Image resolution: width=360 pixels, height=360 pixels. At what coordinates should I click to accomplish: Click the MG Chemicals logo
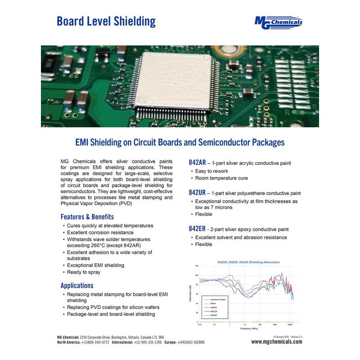(278, 22)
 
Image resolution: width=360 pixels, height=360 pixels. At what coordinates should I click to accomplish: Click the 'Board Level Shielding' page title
(106, 21)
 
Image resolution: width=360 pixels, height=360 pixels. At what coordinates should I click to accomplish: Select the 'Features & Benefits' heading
(87, 216)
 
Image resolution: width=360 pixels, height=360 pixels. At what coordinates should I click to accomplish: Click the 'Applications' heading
(77, 285)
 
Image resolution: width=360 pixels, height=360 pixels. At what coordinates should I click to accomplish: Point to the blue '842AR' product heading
(197, 162)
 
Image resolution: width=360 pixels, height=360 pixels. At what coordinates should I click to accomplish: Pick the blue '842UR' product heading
(197, 193)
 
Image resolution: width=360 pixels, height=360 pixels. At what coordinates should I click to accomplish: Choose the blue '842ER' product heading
(197, 229)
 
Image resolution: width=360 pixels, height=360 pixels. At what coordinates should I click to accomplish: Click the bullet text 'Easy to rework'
(211, 171)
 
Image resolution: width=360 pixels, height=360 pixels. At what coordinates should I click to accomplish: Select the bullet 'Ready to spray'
(84, 272)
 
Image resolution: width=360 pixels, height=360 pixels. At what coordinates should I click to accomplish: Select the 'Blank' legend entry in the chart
(213, 303)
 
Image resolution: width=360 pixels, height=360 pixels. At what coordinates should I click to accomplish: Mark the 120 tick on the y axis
(197, 266)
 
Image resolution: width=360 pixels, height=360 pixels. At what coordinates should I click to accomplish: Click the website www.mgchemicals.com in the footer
(277, 342)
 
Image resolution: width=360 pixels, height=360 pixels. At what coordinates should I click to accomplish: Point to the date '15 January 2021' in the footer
(282, 337)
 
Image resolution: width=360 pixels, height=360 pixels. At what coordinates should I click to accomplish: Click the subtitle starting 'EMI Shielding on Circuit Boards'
(180, 143)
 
